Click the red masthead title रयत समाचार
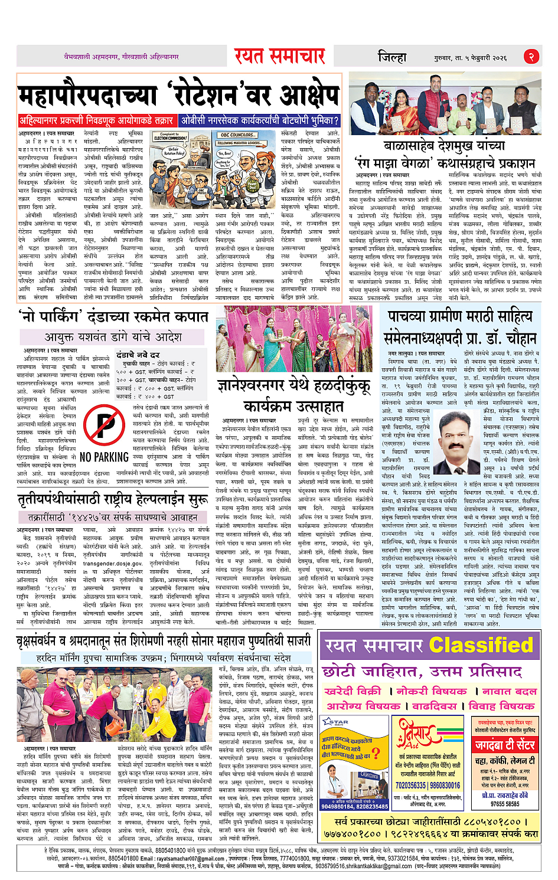(279, 56)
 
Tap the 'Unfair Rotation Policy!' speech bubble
(176, 151)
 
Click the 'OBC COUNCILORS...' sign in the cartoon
(237, 135)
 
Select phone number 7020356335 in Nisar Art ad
(410, 786)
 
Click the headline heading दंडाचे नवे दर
(138, 355)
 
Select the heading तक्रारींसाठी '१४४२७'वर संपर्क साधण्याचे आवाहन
(112, 517)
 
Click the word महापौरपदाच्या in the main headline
(85, 96)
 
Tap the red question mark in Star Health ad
(375, 754)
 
